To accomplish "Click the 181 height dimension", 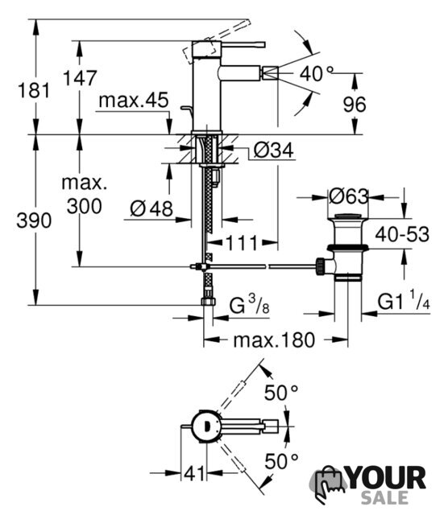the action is click(x=34, y=91).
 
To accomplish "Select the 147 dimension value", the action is click(x=80, y=78).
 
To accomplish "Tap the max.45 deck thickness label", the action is click(x=134, y=100).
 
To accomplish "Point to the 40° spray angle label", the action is click(x=317, y=73).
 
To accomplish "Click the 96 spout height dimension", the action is click(x=355, y=105).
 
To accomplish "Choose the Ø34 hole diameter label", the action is click(x=274, y=150).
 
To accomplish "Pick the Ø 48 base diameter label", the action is click(x=151, y=208).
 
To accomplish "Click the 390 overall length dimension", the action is click(x=34, y=220).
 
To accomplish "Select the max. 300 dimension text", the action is click(x=85, y=195).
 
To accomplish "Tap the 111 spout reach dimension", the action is click(x=241, y=243).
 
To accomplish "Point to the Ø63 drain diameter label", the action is click(x=349, y=196).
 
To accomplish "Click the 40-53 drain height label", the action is click(x=402, y=234).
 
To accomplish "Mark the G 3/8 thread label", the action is click(x=249, y=304).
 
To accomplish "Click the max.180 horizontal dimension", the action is click(x=274, y=340).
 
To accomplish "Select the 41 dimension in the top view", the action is click(x=194, y=473).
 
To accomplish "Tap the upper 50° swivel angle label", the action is click(x=281, y=393).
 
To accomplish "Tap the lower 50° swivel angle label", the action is click(x=281, y=461).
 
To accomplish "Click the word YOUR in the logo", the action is click(x=387, y=478).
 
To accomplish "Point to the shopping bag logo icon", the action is click(x=327, y=484).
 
